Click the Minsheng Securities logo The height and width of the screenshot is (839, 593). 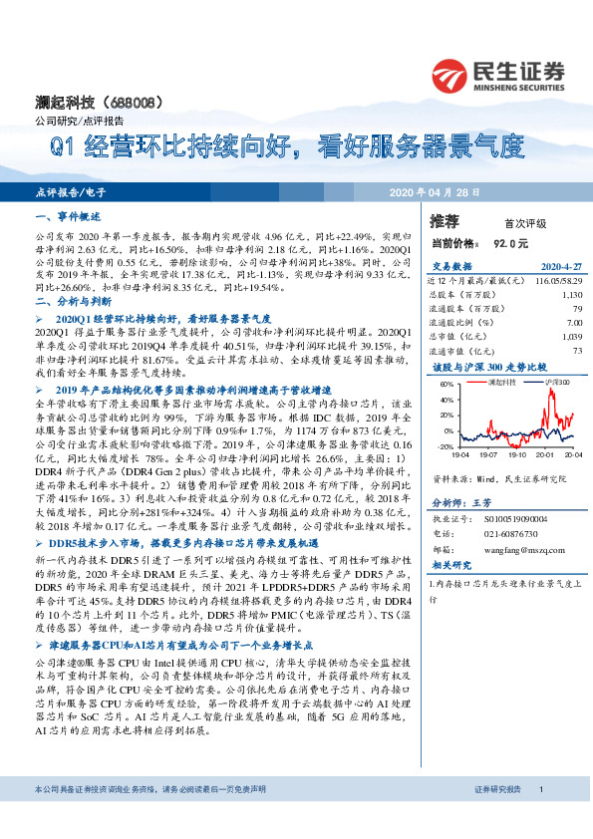point(498,75)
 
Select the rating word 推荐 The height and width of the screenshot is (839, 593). point(445,220)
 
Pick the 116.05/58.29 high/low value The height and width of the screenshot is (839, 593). point(553,282)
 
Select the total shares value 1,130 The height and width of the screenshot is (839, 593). point(570,296)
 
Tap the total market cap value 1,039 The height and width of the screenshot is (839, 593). point(570,337)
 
